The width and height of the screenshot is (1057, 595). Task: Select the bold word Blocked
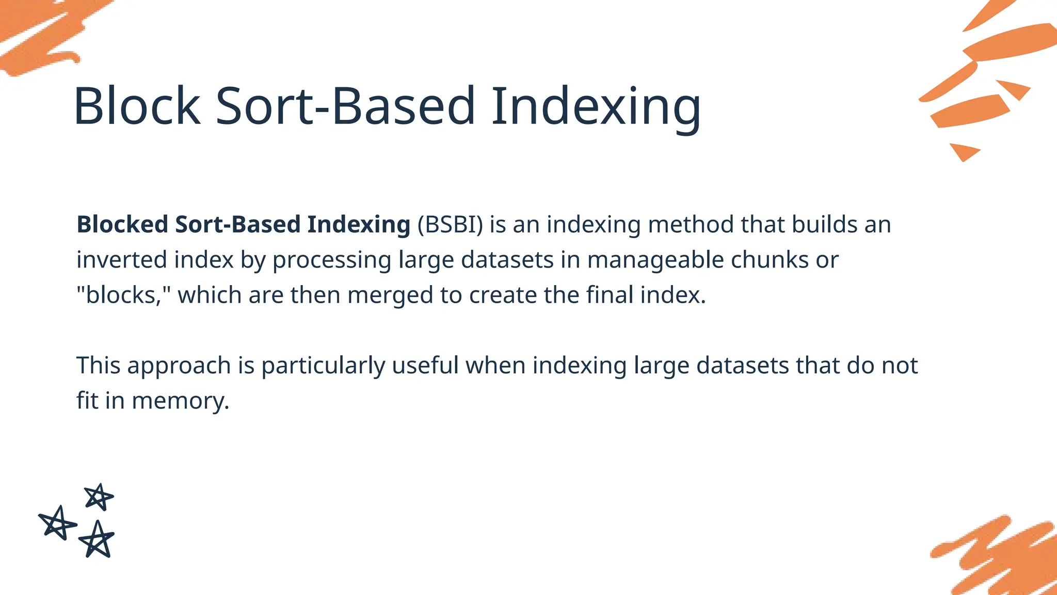click(x=122, y=225)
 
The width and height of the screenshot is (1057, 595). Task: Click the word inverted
click(x=122, y=259)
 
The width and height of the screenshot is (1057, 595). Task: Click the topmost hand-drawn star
click(x=99, y=497)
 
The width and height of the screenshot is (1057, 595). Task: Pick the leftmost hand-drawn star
click(x=57, y=523)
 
